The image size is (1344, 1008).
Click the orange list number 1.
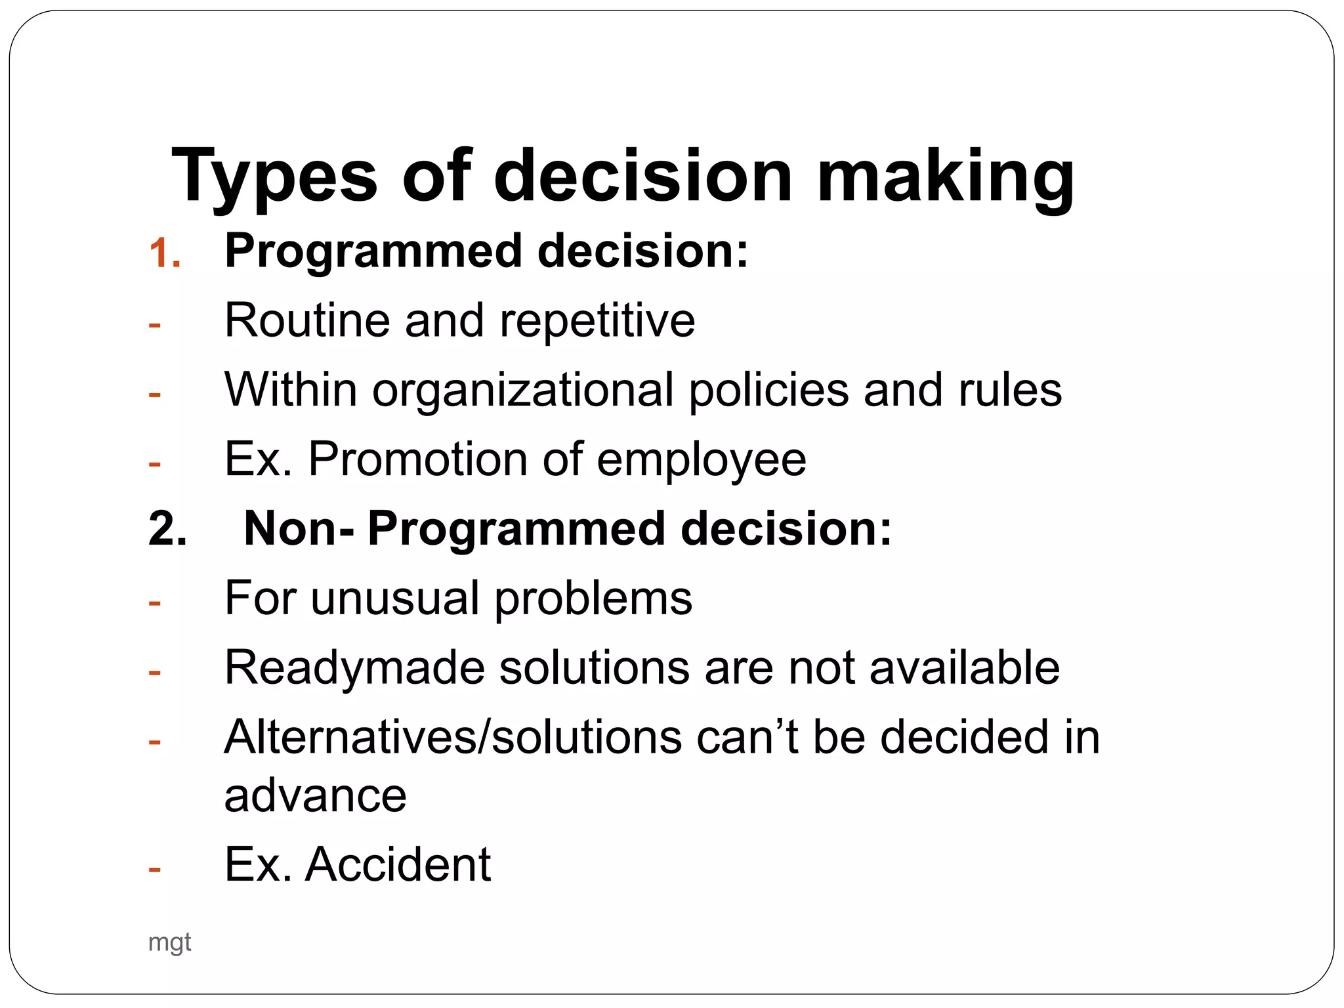pyautogui.click(x=164, y=253)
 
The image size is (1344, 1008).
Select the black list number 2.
pyautogui.click(x=167, y=529)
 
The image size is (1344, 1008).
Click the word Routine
pyautogui.click(x=308, y=321)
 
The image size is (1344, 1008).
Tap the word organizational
pyautogui.click(x=523, y=390)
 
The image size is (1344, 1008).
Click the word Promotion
pyautogui.click(x=418, y=459)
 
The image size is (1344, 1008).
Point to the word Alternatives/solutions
pyautogui.click(x=453, y=738)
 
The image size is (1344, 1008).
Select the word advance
pyautogui.click(x=315, y=796)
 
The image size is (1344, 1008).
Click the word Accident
pyautogui.click(x=398, y=865)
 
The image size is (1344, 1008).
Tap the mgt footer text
pyautogui.click(x=169, y=943)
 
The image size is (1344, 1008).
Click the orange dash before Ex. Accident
pyautogui.click(x=155, y=870)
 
